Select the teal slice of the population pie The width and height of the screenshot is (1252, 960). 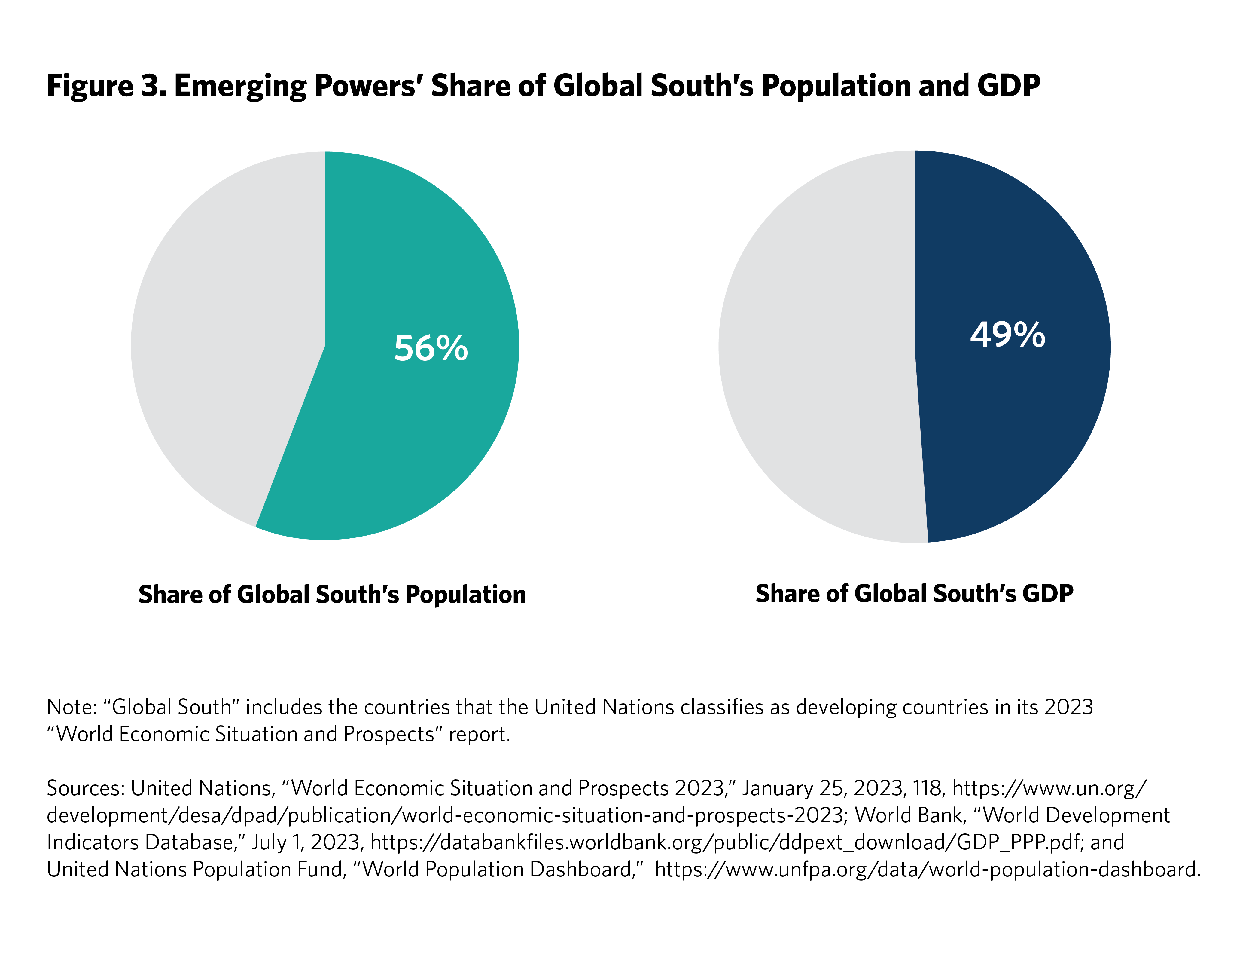point(411,434)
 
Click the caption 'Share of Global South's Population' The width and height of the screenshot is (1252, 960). point(332,595)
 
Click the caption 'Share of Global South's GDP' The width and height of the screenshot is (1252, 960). point(914,594)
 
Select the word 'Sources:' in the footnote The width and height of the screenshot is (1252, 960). point(86,789)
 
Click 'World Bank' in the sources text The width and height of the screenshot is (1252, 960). point(908,815)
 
